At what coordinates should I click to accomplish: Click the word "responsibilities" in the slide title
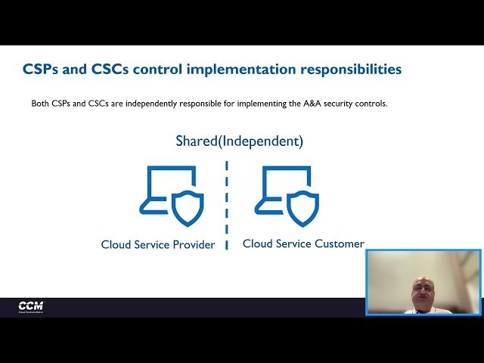[x=352, y=70]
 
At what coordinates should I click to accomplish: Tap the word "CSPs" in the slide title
[x=40, y=70]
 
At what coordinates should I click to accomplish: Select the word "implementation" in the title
[x=244, y=70]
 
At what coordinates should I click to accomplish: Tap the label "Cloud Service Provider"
[x=158, y=245]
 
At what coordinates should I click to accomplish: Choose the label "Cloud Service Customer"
[x=303, y=244]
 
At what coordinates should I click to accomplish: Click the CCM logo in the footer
[x=32, y=306]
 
